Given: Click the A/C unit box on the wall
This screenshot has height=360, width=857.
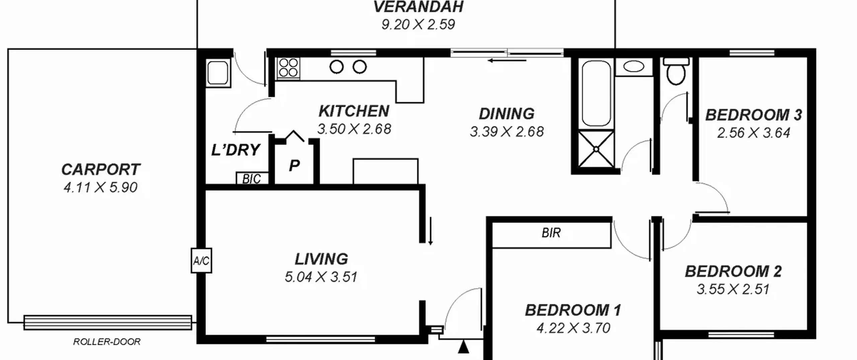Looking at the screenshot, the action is [x=201, y=261].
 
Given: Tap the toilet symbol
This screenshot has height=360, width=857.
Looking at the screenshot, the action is [x=676, y=71].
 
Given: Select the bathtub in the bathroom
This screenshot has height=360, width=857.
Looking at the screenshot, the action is [x=596, y=93].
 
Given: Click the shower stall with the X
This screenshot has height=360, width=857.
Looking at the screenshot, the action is [x=596, y=149].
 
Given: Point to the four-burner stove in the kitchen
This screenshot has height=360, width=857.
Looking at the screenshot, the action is [x=288, y=68].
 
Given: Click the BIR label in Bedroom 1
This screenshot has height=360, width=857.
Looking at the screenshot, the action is [x=551, y=233].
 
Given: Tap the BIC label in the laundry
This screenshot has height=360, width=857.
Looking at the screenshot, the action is [x=251, y=179].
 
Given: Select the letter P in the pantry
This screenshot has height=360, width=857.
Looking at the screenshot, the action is [x=294, y=165].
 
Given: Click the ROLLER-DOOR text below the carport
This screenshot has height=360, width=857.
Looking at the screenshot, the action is [x=107, y=342].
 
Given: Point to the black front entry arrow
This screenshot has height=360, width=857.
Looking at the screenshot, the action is [x=463, y=347].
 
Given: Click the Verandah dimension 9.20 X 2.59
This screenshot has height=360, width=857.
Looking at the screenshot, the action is [x=418, y=24].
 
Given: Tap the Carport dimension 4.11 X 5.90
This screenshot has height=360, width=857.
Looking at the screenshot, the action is [x=100, y=187].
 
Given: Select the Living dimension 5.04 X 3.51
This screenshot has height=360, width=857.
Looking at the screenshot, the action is [x=321, y=277].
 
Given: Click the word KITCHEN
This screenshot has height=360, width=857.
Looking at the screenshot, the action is [x=354, y=111].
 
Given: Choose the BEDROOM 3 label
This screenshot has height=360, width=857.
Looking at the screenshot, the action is [x=754, y=115].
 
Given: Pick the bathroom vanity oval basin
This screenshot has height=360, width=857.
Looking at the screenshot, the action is [x=634, y=66].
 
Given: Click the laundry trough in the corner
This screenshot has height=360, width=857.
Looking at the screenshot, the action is [x=218, y=73].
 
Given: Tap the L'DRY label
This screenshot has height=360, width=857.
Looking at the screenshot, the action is [x=236, y=150].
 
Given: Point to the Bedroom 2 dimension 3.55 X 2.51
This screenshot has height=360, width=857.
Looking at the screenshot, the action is [x=733, y=289].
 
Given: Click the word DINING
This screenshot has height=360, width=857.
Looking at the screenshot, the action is [x=507, y=114].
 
